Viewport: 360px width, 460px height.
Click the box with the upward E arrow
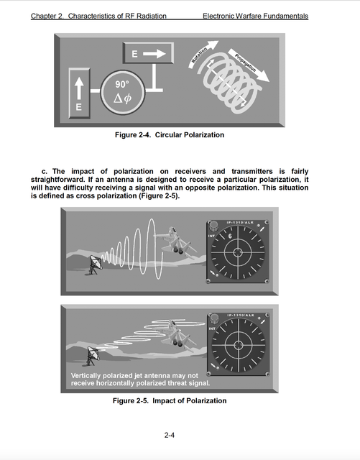[x=79, y=93]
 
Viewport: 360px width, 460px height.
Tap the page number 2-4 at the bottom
[x=170, y=435]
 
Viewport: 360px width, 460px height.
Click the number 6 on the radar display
[x=229, y=236]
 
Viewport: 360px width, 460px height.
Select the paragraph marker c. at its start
[x=45, y=171]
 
